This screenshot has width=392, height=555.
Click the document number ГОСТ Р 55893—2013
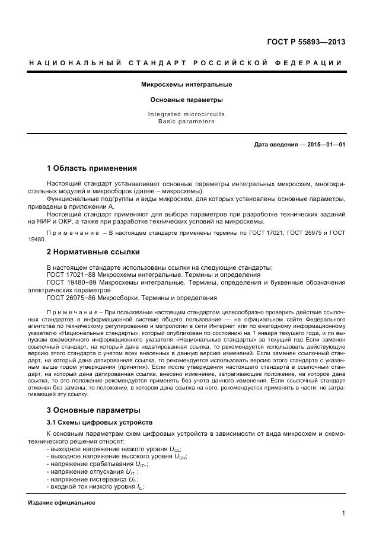click(307, 42)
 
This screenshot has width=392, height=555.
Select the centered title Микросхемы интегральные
click(186, 85)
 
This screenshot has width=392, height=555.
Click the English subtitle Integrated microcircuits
click(186, 114)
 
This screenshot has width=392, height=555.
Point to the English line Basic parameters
click(186, 122)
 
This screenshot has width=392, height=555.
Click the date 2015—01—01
click(324, 145)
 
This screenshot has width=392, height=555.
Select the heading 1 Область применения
click(91, 168)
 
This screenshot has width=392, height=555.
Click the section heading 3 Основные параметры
click(93, 410)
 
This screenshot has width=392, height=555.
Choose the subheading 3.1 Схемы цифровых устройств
click(91, 422)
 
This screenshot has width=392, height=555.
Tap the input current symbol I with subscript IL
click(139, 486)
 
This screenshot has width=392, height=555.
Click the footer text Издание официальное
click(62, 503)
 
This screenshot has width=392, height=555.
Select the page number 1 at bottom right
click(343, 513)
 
